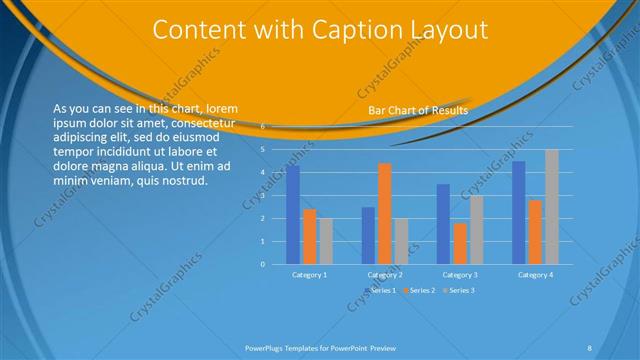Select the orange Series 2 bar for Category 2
tap(385, 213)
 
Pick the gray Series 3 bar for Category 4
tap(552, 207)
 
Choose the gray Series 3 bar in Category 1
tap(326, 241)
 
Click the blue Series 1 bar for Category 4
tap(519, 212)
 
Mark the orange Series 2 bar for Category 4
tap(535, 232)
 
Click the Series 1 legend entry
tap(381, 290)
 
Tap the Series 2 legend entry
tap(419, 290)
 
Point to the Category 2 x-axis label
tap(385, 274)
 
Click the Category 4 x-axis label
tap(535, 274)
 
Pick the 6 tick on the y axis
tap(262, 127)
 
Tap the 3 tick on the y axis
tap(262, 196)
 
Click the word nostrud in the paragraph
tap(183, 181)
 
